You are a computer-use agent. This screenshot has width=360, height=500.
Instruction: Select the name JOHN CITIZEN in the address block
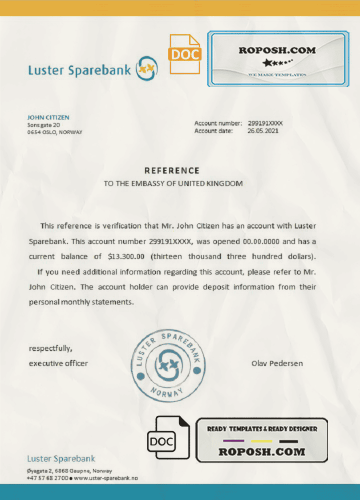tap(48, 117)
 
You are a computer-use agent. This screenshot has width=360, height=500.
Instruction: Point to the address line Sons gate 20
tap(43, 124)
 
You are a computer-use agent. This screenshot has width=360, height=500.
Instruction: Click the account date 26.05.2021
tap(263, 131)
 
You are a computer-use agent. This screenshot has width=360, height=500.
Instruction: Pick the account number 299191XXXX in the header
tap(265, 123)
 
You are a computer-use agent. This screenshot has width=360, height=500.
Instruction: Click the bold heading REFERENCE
tap(171, 170)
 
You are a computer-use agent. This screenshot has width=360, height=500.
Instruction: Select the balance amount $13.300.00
tap(126, 256)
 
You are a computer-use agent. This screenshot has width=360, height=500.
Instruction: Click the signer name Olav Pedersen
tap(276, 363)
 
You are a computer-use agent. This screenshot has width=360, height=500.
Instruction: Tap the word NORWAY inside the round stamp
tap(166, 392)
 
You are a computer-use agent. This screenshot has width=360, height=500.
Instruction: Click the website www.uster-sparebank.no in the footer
tap(105, 478)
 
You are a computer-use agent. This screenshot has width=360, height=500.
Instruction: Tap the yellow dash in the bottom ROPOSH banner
tap(262, 441)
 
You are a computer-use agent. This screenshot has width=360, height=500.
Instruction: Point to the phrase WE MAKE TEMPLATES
tap(277, 74)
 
